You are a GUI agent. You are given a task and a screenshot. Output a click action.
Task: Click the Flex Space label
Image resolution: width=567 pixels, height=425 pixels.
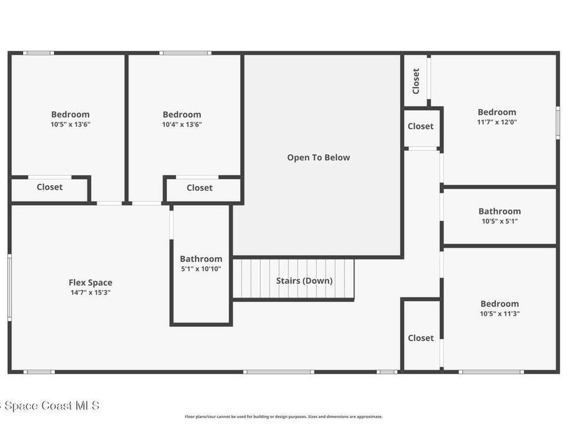point(90,283)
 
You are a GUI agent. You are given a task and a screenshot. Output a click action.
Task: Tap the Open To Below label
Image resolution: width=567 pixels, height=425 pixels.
point(318,158)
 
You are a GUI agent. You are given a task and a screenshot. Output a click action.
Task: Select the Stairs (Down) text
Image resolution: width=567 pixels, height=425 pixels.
point(304,281)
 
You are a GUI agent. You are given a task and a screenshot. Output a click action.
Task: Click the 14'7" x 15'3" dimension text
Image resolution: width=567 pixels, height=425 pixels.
point(90,293)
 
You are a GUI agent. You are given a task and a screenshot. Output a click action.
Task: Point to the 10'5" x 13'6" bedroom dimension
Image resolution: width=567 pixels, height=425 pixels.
point(70,125)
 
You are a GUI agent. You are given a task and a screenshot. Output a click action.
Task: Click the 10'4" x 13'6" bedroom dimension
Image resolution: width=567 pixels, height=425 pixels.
point(182,125)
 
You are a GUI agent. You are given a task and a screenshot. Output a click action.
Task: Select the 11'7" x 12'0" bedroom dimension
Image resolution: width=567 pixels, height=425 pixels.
point(497,122)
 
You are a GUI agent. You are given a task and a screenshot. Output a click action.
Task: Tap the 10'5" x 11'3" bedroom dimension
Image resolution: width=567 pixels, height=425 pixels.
point(499,314)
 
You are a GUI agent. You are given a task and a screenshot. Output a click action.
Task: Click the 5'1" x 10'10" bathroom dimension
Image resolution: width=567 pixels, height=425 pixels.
point(200,269)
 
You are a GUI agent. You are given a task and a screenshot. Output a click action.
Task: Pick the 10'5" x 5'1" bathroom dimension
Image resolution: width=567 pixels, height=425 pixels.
point(499,221)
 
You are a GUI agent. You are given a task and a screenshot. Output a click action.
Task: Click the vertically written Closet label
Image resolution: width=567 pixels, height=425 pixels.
point(416,81)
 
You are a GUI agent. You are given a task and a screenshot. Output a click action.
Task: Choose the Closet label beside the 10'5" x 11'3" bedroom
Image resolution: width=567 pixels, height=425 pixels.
point(421,338)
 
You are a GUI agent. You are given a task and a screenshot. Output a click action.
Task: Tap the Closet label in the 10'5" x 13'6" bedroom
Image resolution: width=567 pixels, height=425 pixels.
point(50,187)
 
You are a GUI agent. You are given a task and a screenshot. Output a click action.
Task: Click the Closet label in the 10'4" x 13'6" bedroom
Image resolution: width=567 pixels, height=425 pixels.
point(199,188)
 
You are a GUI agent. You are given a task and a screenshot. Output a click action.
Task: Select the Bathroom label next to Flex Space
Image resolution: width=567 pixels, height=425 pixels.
point(200,259)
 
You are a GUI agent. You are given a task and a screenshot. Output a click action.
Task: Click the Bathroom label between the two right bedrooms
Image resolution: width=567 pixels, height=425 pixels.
point(499,211)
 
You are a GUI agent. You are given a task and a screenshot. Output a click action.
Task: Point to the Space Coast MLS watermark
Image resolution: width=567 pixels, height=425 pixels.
point(50,406)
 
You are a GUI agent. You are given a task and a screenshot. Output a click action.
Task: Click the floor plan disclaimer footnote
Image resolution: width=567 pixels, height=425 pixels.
point(283,417)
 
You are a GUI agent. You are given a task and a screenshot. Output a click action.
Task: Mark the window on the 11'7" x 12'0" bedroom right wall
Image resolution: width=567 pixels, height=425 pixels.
point(558,123)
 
